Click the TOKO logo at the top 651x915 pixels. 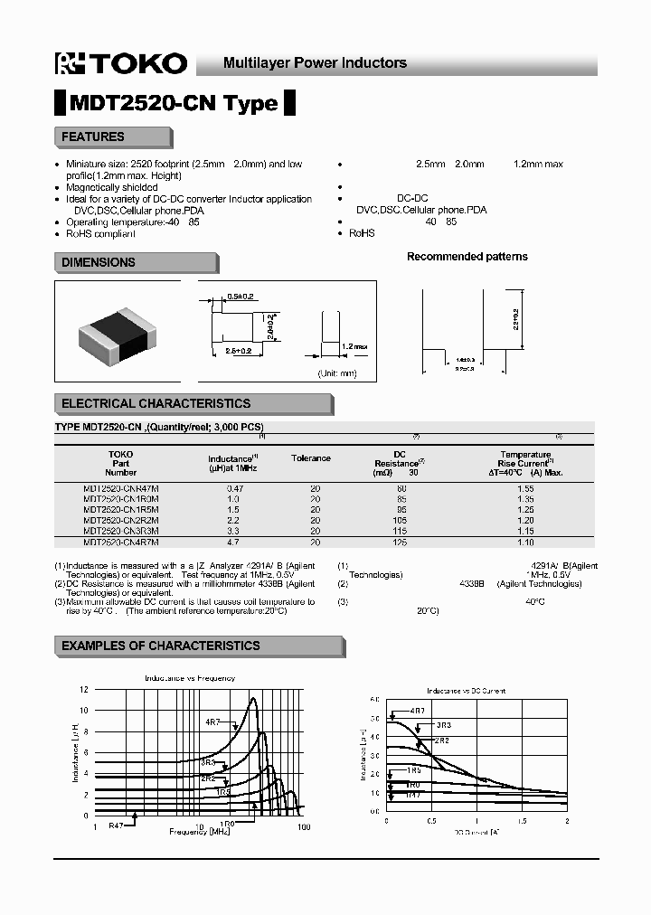(120, 62)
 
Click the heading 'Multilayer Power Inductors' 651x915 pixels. (315, 63)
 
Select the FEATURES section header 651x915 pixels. (92, 137)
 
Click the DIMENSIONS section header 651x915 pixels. (98, 262)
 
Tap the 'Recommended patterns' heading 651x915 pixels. (467, 257)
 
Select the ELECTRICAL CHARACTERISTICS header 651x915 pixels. (156, 403)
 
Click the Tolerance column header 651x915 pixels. (311, 458)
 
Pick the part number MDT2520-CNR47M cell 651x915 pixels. (120, 488)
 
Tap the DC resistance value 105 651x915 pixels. (400, 522)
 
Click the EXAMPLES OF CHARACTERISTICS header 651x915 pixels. (160, 646)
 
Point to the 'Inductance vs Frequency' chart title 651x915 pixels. (190, 678)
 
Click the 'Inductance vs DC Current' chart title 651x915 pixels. (466, 691)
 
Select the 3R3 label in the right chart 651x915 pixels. (443, 725)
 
